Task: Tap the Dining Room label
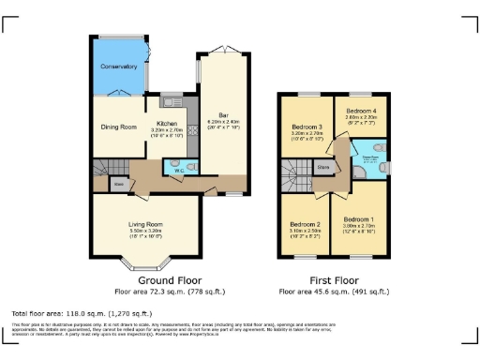click(119, 127)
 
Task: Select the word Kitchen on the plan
click(167, 123)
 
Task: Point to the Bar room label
click(223, 115)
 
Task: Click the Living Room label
click(145, 224)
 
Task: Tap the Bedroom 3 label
click(307, 127)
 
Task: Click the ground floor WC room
click(177, 168)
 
